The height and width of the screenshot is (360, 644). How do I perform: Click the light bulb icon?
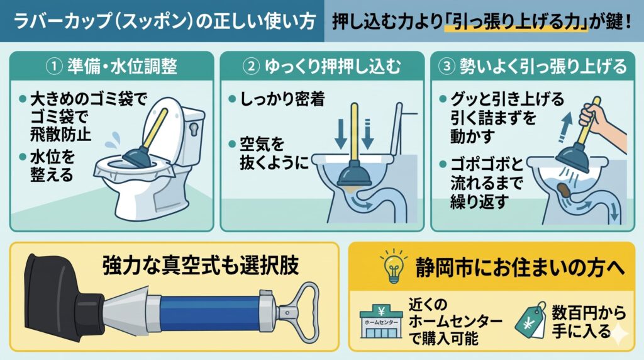394,266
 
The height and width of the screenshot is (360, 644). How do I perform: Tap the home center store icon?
380,322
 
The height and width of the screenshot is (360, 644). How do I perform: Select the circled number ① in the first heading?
54,67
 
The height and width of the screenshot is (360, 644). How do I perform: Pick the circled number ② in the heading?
251,67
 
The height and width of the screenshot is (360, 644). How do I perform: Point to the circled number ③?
447,67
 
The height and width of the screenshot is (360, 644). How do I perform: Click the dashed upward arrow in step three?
567,127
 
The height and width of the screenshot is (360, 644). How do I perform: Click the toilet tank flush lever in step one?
194,128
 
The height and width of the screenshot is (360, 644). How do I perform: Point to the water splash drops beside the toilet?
113,142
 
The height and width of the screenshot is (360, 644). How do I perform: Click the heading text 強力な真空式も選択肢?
201,266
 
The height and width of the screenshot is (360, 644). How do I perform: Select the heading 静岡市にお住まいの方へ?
520,267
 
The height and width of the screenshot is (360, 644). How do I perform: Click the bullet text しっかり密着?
282,99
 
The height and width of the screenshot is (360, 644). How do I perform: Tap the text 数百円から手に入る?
588,322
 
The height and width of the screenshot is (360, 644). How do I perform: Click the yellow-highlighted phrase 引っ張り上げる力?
515,21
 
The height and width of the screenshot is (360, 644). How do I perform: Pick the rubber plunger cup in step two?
354,176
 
